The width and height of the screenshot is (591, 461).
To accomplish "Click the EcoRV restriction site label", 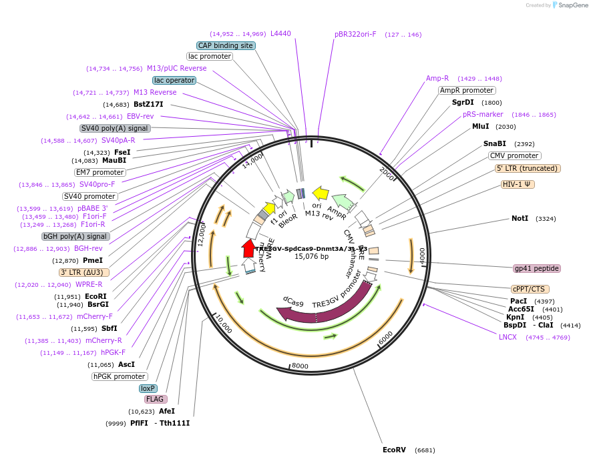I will (x=393, y=450).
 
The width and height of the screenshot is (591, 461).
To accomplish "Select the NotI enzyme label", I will (x=520, y=218).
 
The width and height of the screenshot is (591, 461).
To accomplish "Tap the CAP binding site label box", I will (x=226, y=45).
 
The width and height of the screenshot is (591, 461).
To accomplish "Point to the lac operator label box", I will (x=174, y=80).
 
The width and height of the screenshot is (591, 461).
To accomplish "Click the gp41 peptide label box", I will (x=537, y=268).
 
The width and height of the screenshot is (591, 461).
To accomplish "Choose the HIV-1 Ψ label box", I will (x=518, y=184).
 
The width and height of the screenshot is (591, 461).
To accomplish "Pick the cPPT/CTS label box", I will (x=528, y=289).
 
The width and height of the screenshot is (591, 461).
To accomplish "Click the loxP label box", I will (x=148, y=388).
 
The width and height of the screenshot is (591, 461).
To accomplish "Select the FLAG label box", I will (x=155, y=399).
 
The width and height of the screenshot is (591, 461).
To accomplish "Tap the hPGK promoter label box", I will (x=120, y=376).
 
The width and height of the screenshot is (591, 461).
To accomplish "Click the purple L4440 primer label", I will (x=280, y=33).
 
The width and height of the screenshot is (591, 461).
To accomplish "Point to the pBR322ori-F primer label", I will (x=355, y=34).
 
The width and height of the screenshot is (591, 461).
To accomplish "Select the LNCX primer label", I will (x=508, y=337).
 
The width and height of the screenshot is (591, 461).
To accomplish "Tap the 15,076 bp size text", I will (x=311, y=256).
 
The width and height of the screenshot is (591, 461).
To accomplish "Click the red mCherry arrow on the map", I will (x=248, y=248).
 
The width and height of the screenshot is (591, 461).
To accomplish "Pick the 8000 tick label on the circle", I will (x=300, y=366).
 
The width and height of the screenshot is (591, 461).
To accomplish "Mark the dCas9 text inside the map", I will (x=293, y=303).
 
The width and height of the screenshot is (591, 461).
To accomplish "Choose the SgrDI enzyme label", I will (x=463, y=102).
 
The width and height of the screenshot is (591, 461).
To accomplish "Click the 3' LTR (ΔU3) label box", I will (x=84, y=272).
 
